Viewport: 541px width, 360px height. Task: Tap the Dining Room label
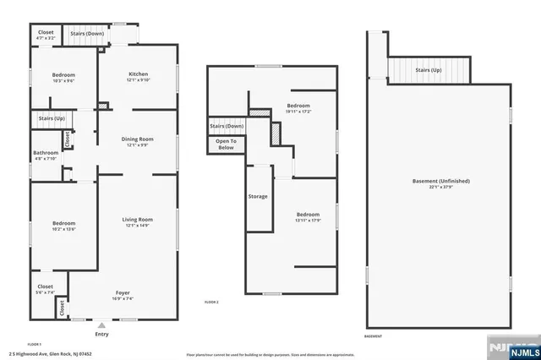click(139, 141)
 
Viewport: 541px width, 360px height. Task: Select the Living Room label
click(139, 221)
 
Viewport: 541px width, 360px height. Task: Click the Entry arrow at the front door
click(101, 325)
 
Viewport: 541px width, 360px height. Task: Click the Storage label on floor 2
click(258, 196)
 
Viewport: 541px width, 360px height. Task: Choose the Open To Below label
click(226, 145)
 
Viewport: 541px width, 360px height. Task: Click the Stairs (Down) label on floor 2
click(227, 126)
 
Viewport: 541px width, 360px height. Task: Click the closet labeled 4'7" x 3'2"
click(46, 35)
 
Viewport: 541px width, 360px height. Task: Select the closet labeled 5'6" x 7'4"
click(46, 289)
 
